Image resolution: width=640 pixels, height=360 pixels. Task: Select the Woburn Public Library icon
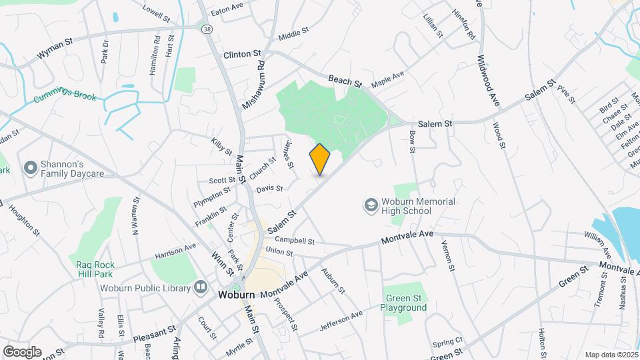201,288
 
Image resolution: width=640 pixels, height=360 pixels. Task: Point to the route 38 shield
208,28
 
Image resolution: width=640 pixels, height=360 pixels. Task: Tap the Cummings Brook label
65,98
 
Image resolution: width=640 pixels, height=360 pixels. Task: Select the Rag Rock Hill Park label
95,269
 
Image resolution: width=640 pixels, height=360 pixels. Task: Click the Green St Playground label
403,303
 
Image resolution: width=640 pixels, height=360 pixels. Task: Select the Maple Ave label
388,79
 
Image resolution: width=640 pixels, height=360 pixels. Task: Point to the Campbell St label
293,240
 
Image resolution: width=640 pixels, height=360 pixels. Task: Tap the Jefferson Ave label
341,321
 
